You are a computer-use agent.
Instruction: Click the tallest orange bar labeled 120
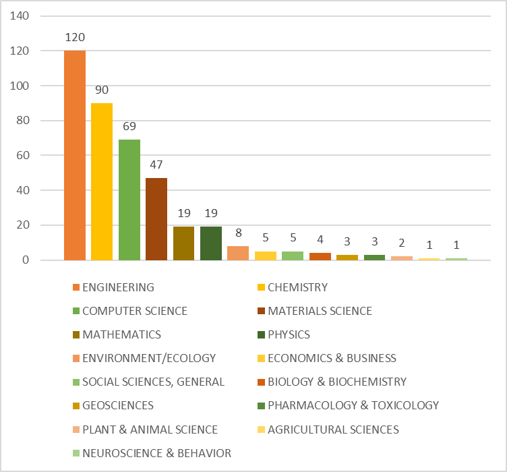(75, 155)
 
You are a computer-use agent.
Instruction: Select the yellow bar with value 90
(102, 181)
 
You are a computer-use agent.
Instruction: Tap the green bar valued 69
(129, 200)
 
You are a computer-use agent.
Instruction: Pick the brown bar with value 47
(156, 218)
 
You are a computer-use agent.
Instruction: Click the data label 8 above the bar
(238, 233)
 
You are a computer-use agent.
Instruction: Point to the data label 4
(320, 240)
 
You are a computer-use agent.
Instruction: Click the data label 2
(401, 243)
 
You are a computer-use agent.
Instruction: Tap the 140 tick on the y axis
(21, 16)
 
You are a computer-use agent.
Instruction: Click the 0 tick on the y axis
(26, 260)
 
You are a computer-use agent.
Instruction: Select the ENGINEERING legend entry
(118, 287)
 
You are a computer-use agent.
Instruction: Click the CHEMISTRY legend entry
(297, 287)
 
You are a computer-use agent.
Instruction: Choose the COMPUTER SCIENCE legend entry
(135, 311)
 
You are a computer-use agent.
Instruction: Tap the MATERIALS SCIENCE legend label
(320, 311)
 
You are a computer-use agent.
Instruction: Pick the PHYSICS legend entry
(289, 334)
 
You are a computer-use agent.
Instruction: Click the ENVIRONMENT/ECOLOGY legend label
(149, 358)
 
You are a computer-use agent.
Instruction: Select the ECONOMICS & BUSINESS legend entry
(332, 358)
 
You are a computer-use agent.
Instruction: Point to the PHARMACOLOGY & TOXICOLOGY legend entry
(353, 405)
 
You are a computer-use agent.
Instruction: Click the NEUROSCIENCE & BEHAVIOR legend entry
(156, 453)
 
